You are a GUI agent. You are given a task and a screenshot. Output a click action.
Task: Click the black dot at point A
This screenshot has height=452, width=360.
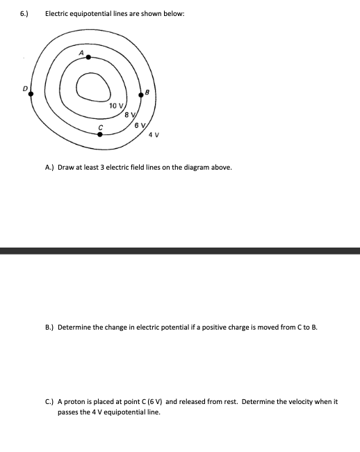[88, 58]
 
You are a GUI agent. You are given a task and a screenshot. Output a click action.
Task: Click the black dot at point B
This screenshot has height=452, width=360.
[141, 99]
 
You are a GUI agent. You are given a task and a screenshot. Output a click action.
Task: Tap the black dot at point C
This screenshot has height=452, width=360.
[100, 134]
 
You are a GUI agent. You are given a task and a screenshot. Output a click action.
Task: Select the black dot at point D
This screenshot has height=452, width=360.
[31, 94]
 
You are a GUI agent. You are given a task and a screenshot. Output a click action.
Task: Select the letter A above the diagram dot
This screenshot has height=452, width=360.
[81, 53]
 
